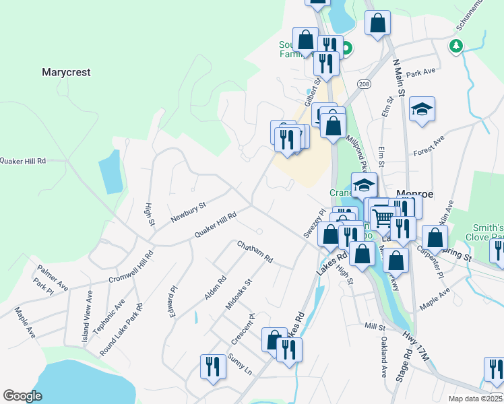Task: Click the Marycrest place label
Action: point(66,71)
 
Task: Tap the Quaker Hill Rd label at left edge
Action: point(23,161)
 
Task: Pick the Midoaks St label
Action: point(239,294)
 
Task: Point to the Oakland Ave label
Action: point(383,357)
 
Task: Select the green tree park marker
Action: point(457,45)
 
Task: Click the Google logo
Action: point(22,396)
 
